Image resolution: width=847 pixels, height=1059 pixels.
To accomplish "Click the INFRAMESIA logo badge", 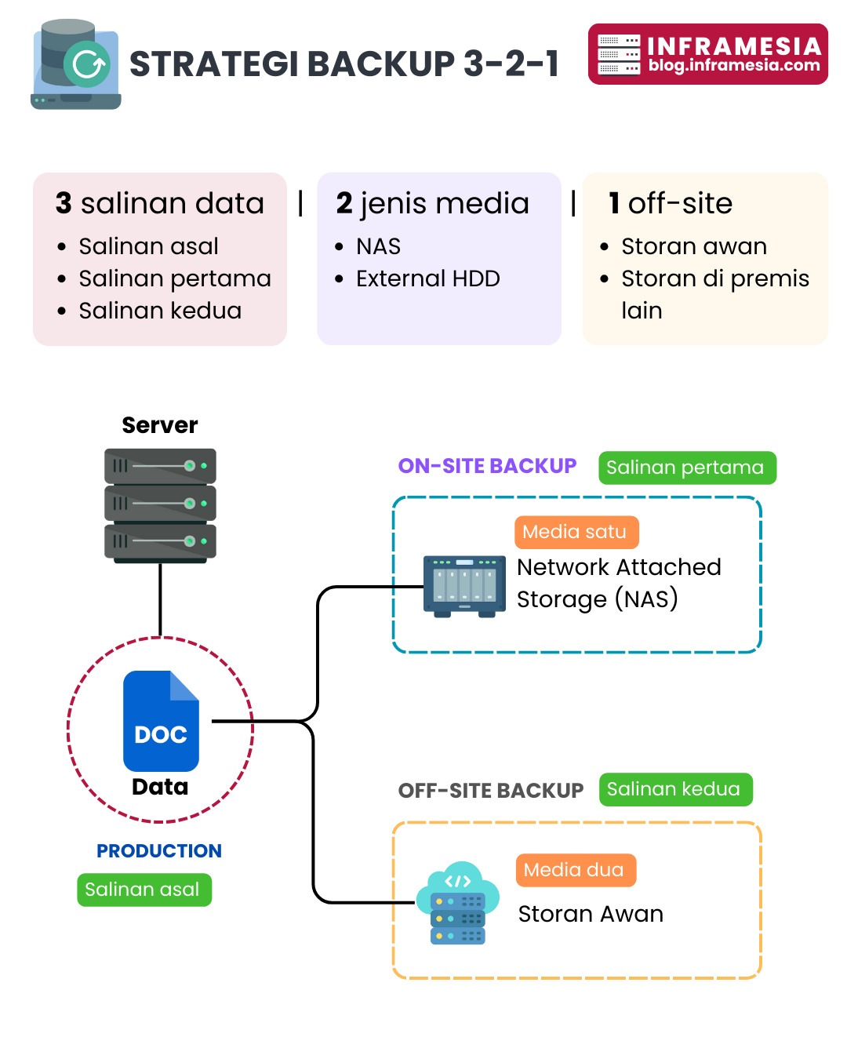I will click(x=707, y=54).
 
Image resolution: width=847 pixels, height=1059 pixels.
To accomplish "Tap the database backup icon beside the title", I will click(x=76, y=64).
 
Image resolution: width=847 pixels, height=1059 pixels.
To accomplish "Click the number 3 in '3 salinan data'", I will click(x=64, y=203).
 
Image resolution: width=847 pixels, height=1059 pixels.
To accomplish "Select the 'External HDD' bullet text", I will click(x=427, y=278).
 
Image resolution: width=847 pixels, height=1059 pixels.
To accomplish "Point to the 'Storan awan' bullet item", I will click(x=693, y=246).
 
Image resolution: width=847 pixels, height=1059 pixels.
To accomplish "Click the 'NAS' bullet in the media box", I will click(x=378, y=246).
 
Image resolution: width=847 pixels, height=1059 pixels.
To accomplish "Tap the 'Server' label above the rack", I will click(x=160, y=425).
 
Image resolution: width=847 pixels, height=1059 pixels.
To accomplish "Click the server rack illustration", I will click(x=160, y=505).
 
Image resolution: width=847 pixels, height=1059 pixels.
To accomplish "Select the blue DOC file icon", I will click(x=161, y=721).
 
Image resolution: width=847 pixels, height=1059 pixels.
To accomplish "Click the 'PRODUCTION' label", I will click(x=159, y=851).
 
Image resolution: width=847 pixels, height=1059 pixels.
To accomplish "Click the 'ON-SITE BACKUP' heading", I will click(x=487, y=466).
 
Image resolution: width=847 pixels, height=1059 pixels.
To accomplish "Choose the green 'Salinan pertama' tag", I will click(x=687, y=468).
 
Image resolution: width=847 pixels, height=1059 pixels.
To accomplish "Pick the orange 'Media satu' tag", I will click(x=576, y=532).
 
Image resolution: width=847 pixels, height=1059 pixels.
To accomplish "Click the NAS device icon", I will click(x=464, y=586).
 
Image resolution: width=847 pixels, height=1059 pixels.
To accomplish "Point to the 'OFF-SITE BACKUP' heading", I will click(x=491, y=791).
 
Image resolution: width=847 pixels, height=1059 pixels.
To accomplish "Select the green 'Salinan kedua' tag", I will click(x=675, y=789).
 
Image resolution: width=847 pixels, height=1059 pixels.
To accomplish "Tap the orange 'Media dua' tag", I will click(x=575, y=870).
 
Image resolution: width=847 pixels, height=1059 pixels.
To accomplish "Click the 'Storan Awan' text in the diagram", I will click(x=591, y=914).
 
